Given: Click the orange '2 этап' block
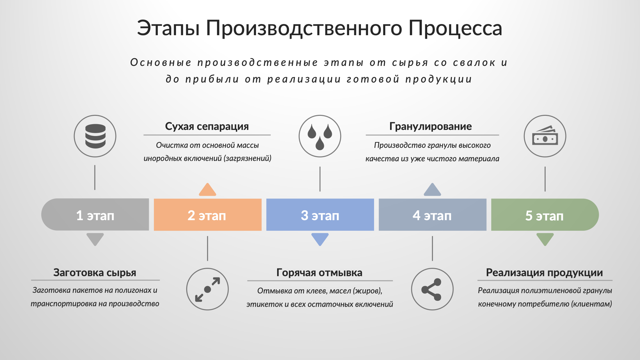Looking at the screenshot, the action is [x=208, y=215].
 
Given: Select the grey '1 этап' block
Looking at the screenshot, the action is [x=95, y=215].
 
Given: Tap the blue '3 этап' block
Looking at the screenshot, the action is [x=320, y=215].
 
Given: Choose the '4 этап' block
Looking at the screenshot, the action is [x=433, y=215].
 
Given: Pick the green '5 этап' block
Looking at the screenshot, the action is [x=545, y=215].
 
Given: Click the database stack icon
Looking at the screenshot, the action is [x=95, y=136].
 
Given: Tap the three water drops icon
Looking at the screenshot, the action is [x=320, y=136].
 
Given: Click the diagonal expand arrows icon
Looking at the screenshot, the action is [x=207, y=289].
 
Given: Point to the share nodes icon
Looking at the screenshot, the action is [x=432, y=289].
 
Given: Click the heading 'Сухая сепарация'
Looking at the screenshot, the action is [x=207, y=126].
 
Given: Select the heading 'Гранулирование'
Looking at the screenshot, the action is [x=431, y=126].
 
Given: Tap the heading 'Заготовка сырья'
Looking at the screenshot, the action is [x=95, y=273].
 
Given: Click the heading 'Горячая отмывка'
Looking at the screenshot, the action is [x=319, y=273].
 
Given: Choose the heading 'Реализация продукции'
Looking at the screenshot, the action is [x=544, y=273].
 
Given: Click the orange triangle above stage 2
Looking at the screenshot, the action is [x=207, y=190].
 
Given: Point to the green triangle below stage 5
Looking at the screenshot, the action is [x=545, y=239].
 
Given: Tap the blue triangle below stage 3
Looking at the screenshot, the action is [x=320, y=239].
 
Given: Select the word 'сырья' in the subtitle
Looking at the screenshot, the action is [x=410, y=63].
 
